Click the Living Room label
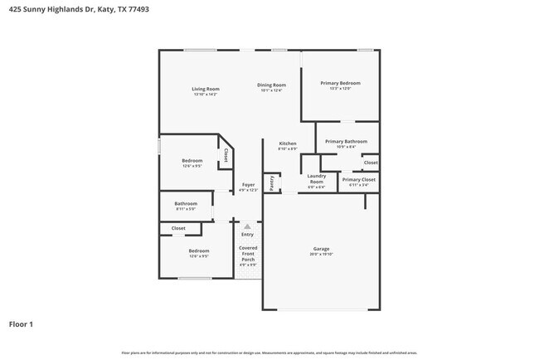[205, 89]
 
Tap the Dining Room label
[271, 85]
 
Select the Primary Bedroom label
[340, 83]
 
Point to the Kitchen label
[288, 143]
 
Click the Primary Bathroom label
[346, 142]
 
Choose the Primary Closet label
[358, 179]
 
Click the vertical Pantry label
[271, 182]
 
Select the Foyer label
[248, 185]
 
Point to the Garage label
[321, 249]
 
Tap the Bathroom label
[186, 203]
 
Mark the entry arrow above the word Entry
[247, 226]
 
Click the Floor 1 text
[22, 324]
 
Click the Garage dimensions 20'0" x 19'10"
[321, 255]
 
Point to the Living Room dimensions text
[205, 95]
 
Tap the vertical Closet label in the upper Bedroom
[226, 155]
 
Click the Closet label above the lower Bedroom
[178, 228]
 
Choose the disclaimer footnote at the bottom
[269, 353]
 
